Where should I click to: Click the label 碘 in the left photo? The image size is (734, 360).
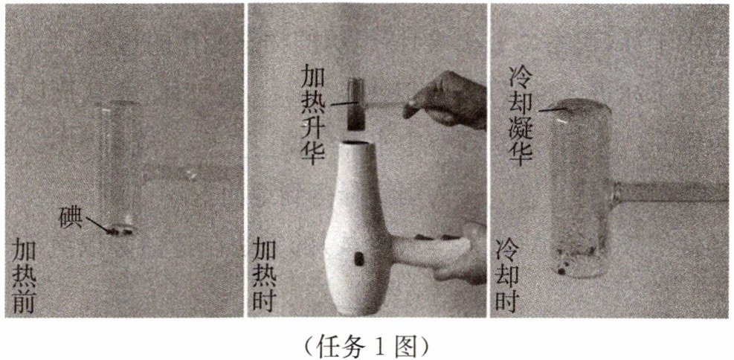click(x=71, y=216)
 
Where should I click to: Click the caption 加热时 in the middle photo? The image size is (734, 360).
click(x=265, y=274)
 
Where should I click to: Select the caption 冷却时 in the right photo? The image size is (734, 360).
click(x=507, y=274)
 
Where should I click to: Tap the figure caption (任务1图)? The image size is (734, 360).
click(x=367, y=345)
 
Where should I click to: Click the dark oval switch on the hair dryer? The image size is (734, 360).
click(x=358, y=259)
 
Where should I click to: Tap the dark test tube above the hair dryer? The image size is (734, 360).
click(x=356, y=104)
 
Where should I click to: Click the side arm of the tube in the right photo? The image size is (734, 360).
click(x=670, y=191)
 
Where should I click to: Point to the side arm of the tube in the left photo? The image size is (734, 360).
click(x=170, y=174)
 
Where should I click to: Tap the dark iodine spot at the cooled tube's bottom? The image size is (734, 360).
click(x=561, y=270)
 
